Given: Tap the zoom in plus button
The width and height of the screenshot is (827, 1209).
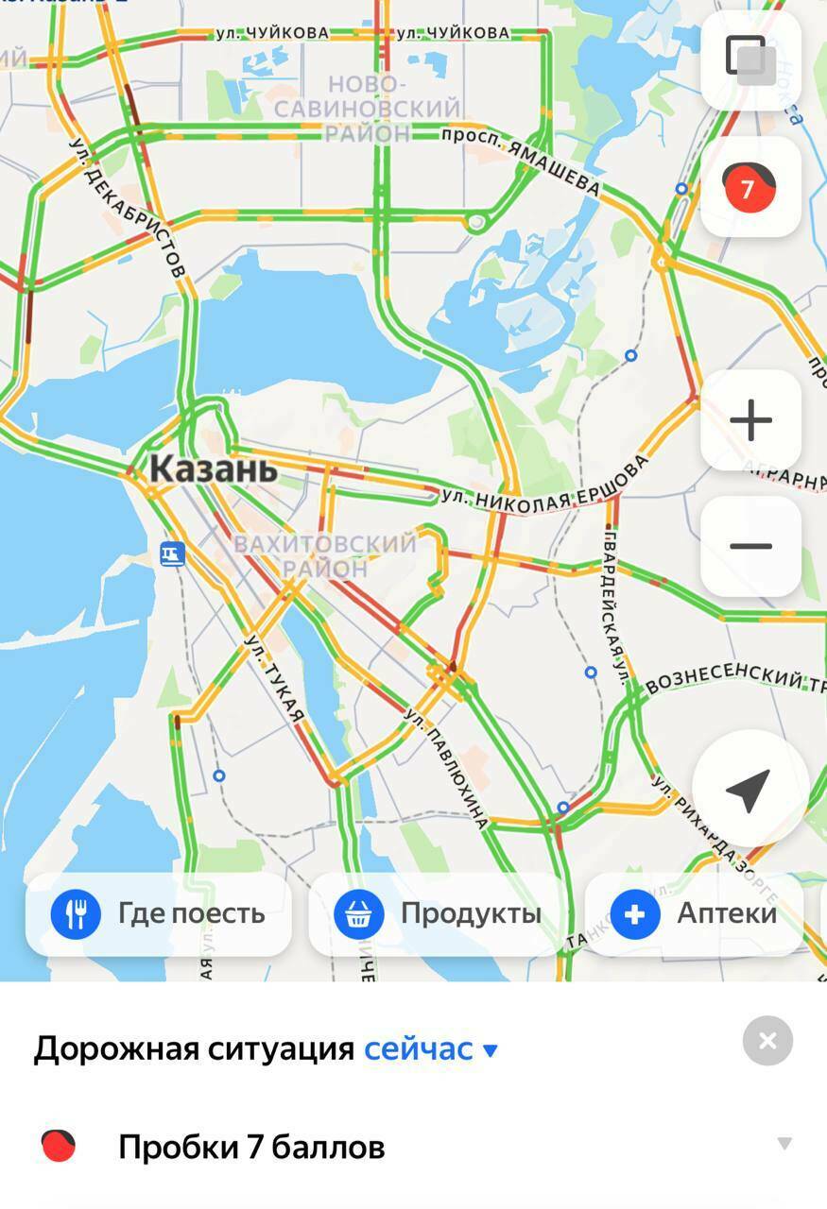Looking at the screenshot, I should pyautogui.click(x=750, y=420).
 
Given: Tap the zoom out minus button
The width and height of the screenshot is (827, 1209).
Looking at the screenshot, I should pyautogui.click(x=750, y=546).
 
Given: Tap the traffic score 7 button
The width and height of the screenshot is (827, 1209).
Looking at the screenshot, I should pyautogui.click(x=750, y=187).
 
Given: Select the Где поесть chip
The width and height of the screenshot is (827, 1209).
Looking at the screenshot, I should pyautogui.click(x=159, y=914).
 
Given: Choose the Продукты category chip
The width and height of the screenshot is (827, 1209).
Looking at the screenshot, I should pyautogui.click(x=439, y=914).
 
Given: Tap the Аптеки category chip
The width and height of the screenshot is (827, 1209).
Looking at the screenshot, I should pyautogui.click(x=695, y=914).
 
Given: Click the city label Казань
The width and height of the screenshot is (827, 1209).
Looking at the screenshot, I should pyautogui.click(x=214, y=468).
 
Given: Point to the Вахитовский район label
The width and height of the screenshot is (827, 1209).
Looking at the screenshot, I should pyautogui.click(x=324, y=556).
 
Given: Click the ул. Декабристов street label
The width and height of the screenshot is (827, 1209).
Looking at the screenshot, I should pyautogui.click(x=128, y=208).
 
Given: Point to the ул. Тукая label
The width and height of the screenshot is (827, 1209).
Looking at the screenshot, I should pyautogui.click(x=276, y=678).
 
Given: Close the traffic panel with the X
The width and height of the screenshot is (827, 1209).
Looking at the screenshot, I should pyautogui.click(x=767, y=1041).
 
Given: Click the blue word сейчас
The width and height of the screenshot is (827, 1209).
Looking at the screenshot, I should pyautogui.click(x=419, y=1048).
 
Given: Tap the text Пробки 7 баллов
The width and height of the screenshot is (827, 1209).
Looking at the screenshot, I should pyautogui.click(x=251, y=1148).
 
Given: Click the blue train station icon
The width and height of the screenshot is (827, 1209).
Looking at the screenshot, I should pyautogui.click(x=171, y=553).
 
